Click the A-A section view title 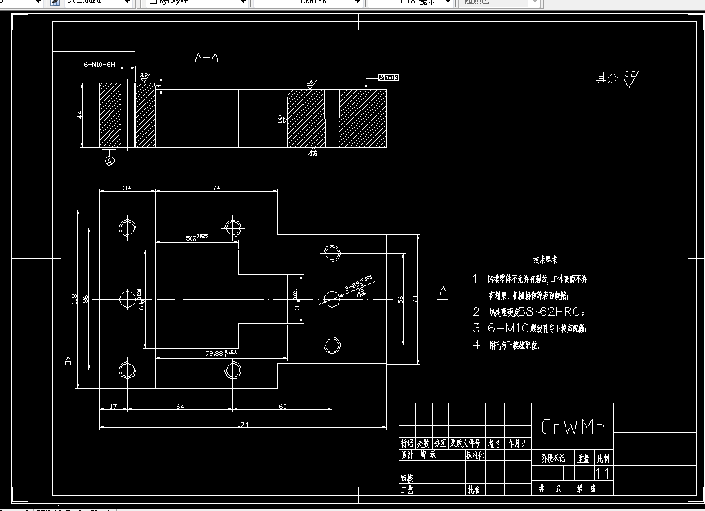coord(206,59)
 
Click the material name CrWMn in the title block coord(573,428)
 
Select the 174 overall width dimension coord(242,423)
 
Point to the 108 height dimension coord(74,299)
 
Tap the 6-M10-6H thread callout coord(99,64)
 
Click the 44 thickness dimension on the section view coord(80,114)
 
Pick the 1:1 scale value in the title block coord(602,474)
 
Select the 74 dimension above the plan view coord(216,188)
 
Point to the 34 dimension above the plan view coord(127,188)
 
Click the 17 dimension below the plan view coord(113,406)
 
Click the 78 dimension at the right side coord(415,299)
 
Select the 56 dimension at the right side coord(399,299)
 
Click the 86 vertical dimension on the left coord(86,299)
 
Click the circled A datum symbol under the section coord(109,161)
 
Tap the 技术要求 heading coord(544,261)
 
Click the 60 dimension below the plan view coord(282,406)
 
